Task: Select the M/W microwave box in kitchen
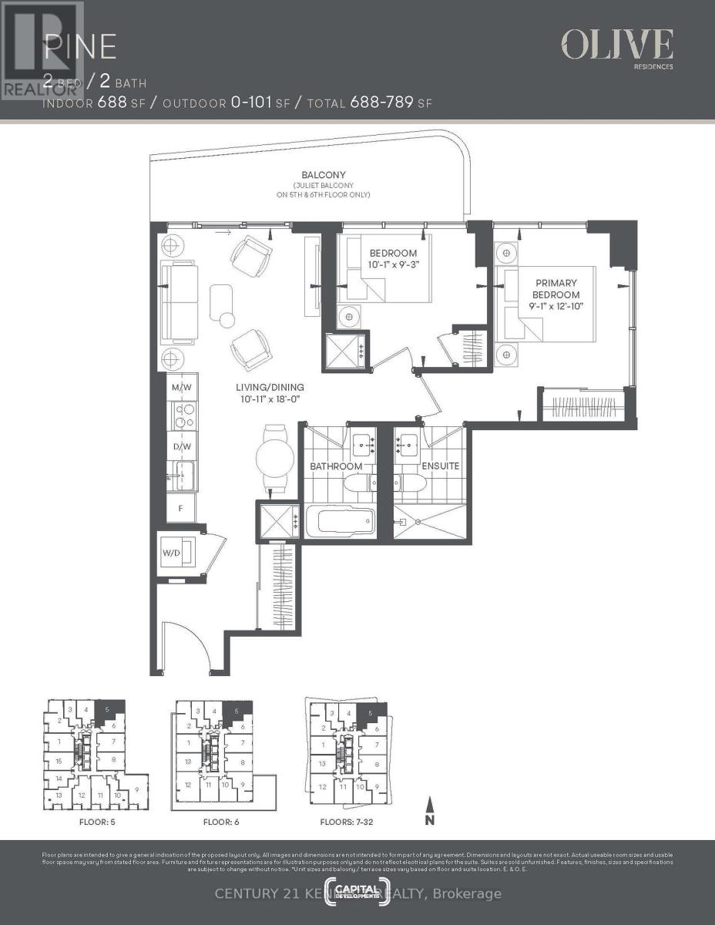click(183, 387)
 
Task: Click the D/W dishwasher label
click(183, 446)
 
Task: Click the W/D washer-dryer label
click(171, 553)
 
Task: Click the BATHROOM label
click(336, 466)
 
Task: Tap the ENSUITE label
click(441, 466)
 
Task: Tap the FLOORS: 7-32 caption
click(347, 822)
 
